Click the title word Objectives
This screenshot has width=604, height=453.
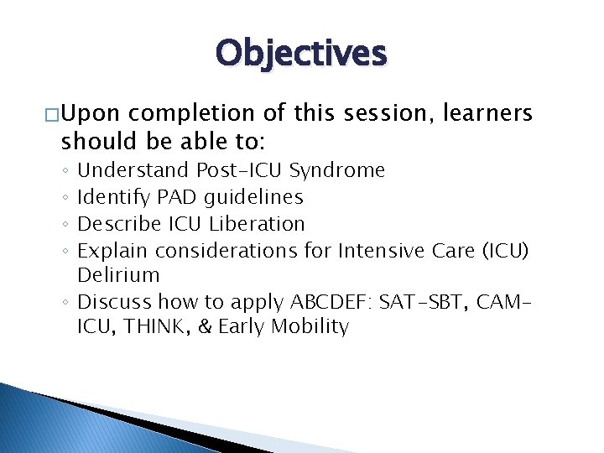point(301,53)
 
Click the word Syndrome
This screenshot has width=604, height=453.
point(337,171)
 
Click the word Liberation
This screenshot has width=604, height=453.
point(257,224)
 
